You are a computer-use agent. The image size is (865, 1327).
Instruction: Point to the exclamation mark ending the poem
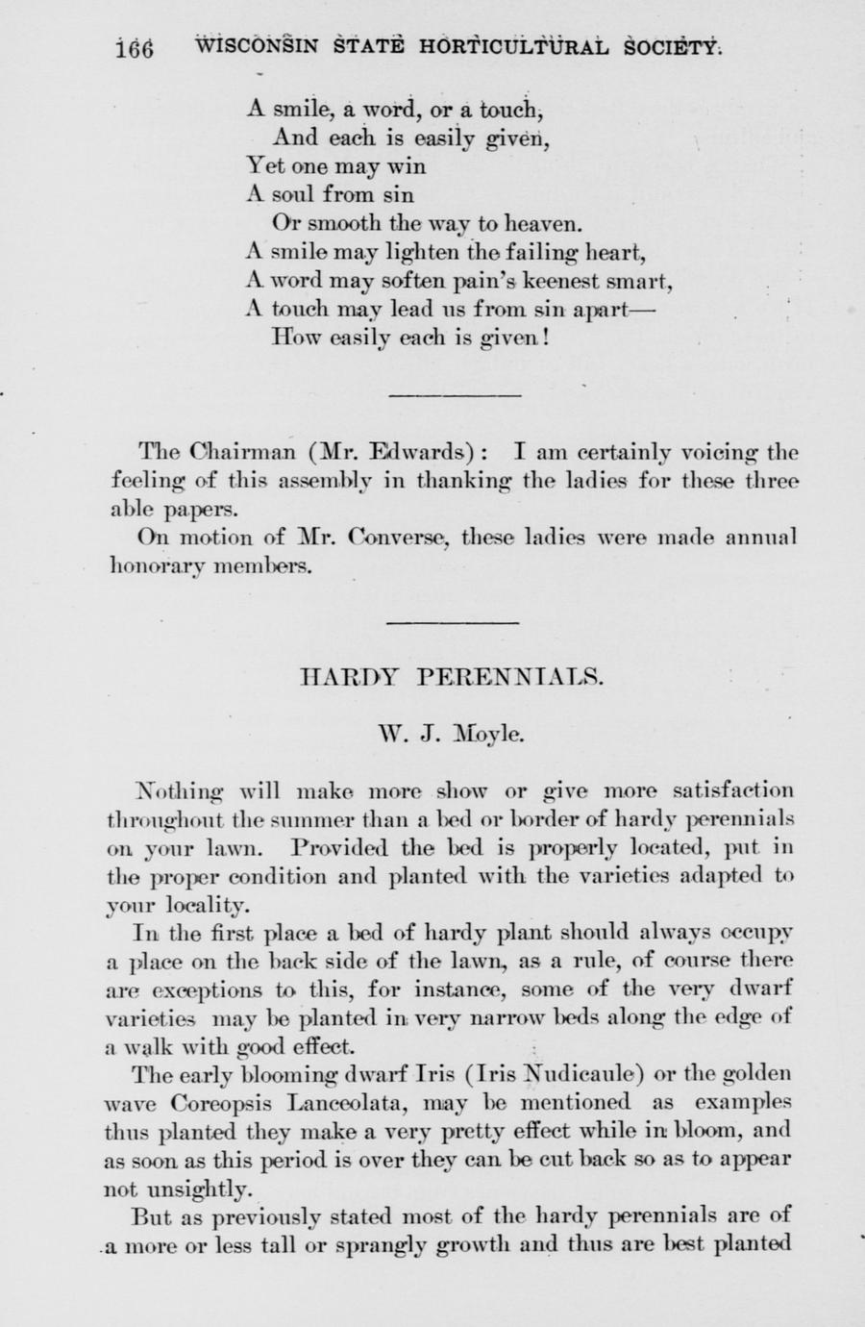(x=546, y=338)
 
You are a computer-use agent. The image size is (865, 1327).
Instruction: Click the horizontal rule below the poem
(x=454, y=395)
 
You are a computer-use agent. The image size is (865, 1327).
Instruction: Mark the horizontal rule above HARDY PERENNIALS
(x=453, y=623)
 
